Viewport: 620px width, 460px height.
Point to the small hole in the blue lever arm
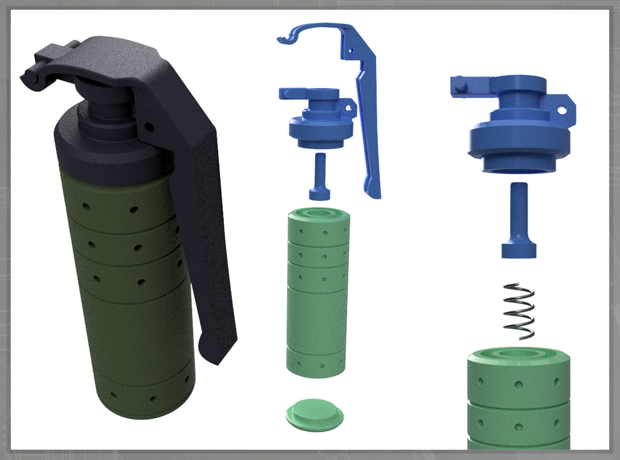tap(353, 51)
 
